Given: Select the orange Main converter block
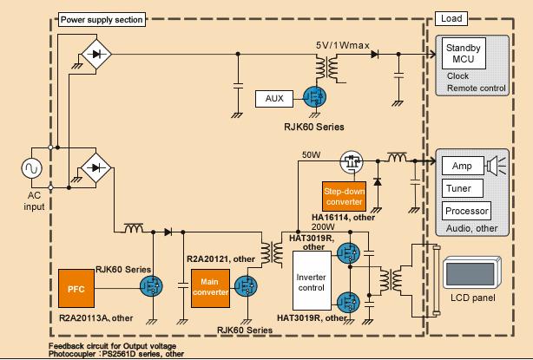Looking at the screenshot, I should [209, 286].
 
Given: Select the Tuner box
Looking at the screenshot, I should [457, 188].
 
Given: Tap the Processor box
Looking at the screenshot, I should [466, 211].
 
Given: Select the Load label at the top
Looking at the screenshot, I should [451, 18].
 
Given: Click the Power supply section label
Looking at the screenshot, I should [102, 18].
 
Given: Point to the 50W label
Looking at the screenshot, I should [310, 154].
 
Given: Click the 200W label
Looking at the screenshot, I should [322, 226].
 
